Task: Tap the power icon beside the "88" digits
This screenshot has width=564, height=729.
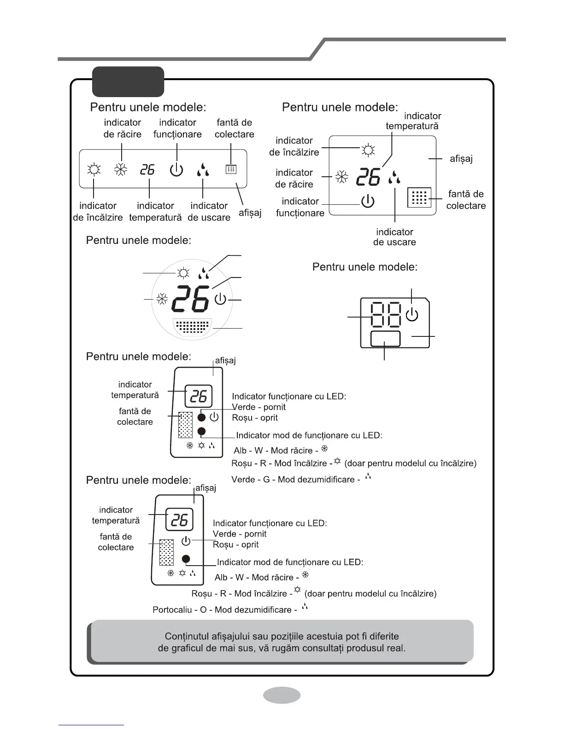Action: pos(411,315)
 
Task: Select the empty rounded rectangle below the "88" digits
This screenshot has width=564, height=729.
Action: pos(385,339)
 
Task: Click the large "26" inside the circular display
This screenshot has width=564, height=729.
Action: pos(190,300)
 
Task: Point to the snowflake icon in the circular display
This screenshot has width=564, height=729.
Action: pos(162,300)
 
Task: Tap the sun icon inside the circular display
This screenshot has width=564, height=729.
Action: pos(183,273)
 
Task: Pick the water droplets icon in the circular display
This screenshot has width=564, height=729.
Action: pos(203,273)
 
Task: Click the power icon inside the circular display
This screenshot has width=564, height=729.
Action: pos(221,300)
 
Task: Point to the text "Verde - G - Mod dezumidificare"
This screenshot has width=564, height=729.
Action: pos(295,480)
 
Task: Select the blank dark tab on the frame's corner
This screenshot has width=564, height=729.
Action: pos(128,81)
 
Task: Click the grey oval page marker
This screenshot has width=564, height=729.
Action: pos(282,695)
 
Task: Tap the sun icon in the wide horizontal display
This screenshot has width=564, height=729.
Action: pos(94,170)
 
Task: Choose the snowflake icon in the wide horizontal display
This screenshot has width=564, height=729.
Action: pos(121,170)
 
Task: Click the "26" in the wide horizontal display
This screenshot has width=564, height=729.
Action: pos(147,170)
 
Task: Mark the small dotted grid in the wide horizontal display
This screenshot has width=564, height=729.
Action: pos(231,169)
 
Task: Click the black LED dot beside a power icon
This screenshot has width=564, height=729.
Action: pos(201,417)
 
